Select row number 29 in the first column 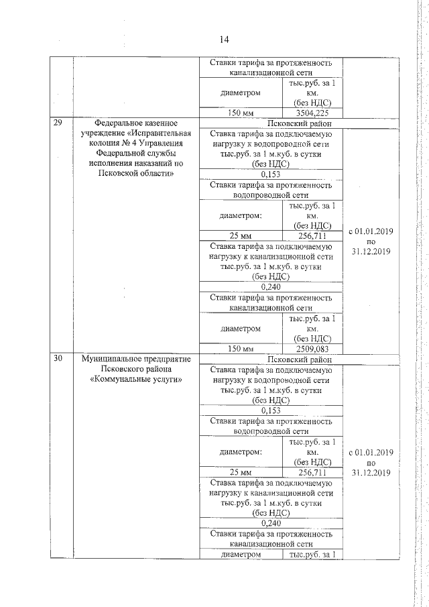(58, 123)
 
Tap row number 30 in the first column (58, 359)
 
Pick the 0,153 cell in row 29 (271, 172)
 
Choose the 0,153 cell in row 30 (271, 410)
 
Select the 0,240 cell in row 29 (271, 286)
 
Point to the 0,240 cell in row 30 (271, 523)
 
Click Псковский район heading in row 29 (271, 123)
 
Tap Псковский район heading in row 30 (271, 360)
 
